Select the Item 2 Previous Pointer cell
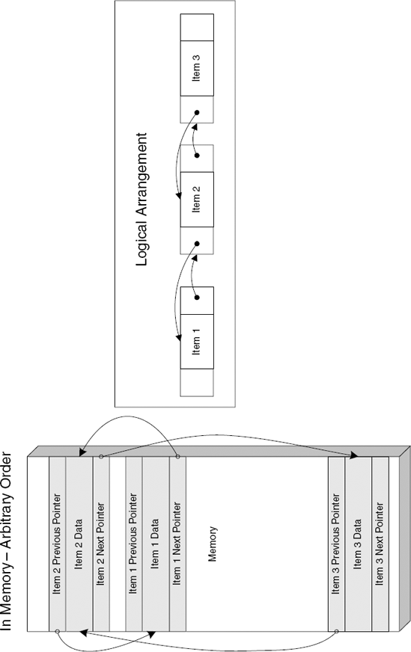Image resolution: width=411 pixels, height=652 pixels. tap(58, 542)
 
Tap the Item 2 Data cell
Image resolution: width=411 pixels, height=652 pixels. tap(79, 542)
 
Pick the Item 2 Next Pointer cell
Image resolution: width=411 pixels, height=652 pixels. tap(101, 542)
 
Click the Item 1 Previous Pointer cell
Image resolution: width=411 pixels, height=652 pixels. tap(134, 542)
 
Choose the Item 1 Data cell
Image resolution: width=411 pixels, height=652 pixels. tap(156, 542)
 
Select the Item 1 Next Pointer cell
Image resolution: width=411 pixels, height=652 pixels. tap(177, 542)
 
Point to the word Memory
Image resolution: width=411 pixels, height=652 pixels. tap(213, 542)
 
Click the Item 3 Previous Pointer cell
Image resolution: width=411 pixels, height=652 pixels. tap(336, 542)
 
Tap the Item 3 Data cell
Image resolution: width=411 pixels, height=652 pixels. tap(358, 542)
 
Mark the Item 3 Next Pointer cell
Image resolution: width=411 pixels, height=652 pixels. tap(380, 542)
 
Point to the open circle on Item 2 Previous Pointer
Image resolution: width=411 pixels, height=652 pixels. tap(58, 633)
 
